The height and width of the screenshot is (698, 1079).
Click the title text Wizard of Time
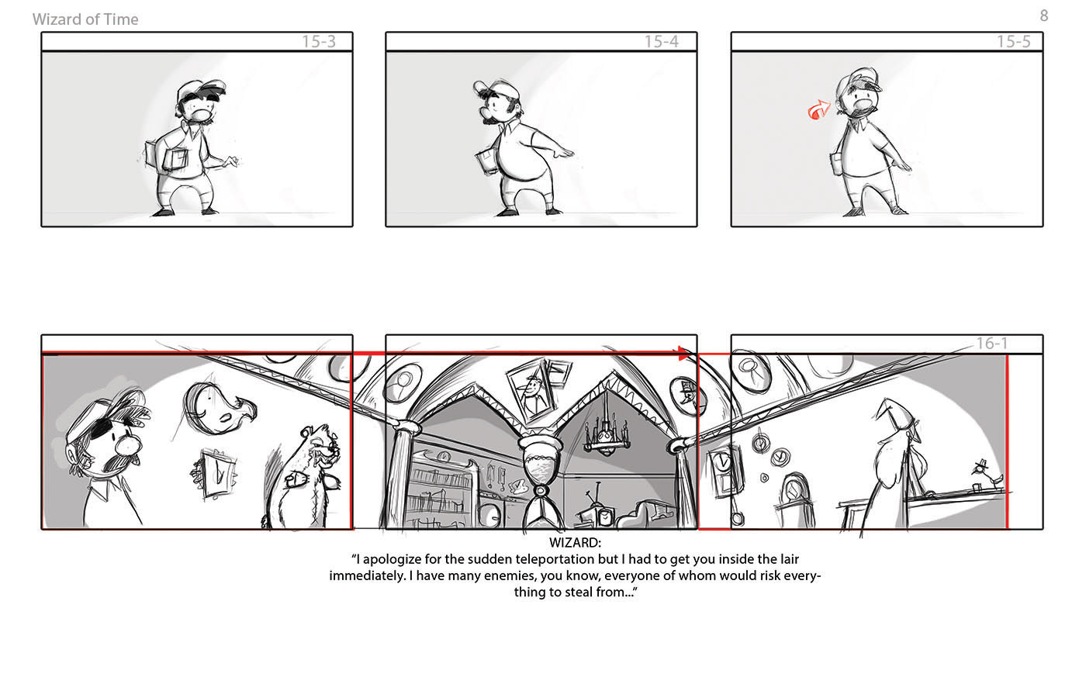tap(85, 19)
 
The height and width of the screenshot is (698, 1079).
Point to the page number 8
tap(1044, 16)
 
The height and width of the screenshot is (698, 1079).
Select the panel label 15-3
tap(319, 41)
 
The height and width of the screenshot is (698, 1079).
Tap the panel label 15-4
tap(662, 41)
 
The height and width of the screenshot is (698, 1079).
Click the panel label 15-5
tap(1014, 41)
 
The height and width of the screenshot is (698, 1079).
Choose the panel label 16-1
tap(992, 343)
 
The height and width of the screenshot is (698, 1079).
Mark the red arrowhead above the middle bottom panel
tap(684, 354)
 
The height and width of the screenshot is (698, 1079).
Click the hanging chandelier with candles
tap(606, 434)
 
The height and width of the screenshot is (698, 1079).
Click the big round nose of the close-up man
tap(128, 446)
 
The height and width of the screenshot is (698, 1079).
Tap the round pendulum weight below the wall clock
tap(737, 518)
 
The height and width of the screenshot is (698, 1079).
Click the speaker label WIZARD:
tap(575, 542)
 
